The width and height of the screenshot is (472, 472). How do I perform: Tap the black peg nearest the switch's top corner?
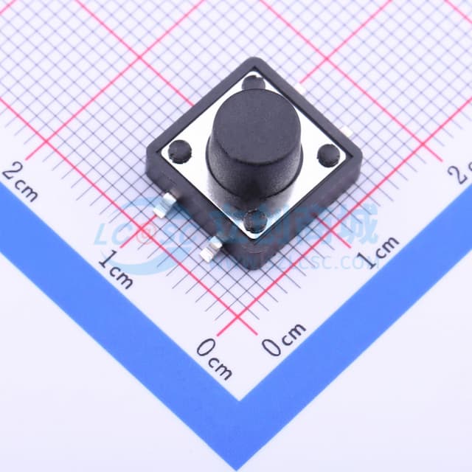[254, 80]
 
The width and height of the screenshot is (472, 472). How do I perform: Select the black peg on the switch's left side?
[179, 152]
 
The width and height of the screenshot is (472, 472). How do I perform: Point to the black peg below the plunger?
[256, 220]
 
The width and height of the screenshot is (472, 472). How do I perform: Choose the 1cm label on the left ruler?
[117, 268]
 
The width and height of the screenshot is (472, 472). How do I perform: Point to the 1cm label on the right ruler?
[377, 253]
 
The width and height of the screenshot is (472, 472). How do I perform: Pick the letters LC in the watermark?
[111, 234]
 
